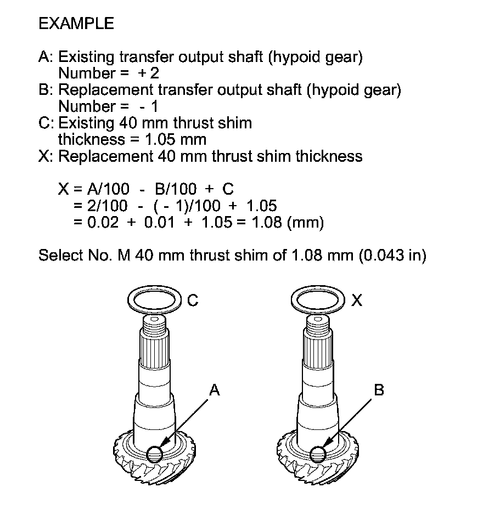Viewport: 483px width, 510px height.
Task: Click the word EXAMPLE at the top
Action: coord(76,24)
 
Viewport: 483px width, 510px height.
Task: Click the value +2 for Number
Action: coord(150,73)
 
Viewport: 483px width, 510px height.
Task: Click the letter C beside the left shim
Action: coord(192,301)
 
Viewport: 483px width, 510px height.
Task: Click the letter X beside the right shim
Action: coord(356,301)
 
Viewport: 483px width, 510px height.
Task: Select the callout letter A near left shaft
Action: coord(214,390)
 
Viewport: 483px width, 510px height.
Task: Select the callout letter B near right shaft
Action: coord(379,390)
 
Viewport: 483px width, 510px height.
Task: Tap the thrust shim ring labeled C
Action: coord(154,301)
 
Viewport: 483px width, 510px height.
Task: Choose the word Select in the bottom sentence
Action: coord(59,256)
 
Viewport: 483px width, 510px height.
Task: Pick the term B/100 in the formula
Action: coord(176,190)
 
